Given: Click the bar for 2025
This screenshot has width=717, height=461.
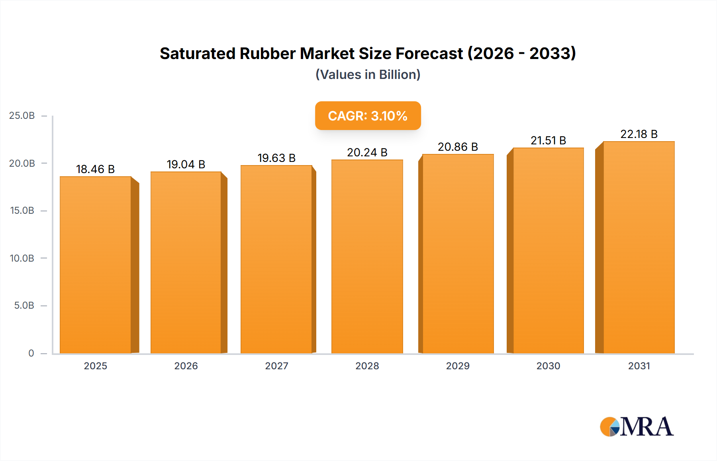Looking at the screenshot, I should point(96,265).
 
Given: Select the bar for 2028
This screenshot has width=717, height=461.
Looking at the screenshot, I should point(367,257).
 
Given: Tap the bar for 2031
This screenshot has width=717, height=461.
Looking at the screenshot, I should point(639,247).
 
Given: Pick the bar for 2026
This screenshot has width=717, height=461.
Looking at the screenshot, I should point(186,263).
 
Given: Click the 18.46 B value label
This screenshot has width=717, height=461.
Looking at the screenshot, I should point(95,169).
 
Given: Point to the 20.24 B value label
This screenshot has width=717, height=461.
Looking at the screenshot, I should point(367,153).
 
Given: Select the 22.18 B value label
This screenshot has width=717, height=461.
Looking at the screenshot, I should point(639,134).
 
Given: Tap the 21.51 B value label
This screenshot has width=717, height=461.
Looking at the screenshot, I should point(548,141).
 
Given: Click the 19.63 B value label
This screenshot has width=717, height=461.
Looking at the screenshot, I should point(276,158).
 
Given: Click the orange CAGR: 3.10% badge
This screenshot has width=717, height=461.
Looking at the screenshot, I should point(368,116).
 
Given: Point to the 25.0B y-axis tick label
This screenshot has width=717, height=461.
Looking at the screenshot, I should point(22,116).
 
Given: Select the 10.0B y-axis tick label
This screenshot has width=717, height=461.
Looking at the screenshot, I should point(22,258).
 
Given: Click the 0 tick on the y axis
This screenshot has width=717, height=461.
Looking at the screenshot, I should point(31,353).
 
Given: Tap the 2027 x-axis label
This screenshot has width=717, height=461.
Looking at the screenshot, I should point(276,366).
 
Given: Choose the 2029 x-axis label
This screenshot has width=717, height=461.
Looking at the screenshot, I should point(458,366).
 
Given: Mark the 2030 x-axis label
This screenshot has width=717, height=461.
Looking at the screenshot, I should point(548,366).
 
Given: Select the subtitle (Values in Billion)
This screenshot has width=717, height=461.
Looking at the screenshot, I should point(368,75).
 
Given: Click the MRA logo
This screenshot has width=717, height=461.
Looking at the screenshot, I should point(637,427).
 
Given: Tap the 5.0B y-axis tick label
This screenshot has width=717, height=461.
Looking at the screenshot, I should point(24,306).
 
